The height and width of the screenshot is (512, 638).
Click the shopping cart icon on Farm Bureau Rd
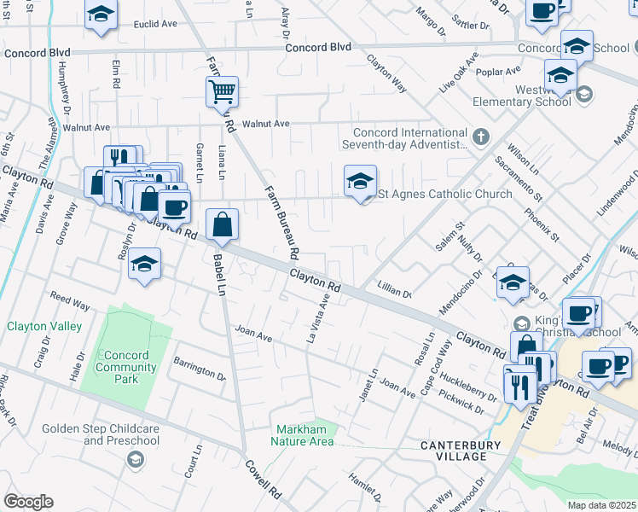click(222, 90)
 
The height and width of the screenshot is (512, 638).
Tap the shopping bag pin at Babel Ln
click(222, 225)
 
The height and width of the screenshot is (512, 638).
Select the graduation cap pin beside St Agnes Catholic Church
click(361, 181)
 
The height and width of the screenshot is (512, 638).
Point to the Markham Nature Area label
click(303, 435)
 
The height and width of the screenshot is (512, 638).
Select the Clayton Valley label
click(44, 326)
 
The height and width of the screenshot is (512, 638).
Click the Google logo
click(28, 501)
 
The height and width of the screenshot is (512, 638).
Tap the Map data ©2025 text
click(601, 505)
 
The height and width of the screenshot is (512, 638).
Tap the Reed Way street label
click(70, 302)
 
